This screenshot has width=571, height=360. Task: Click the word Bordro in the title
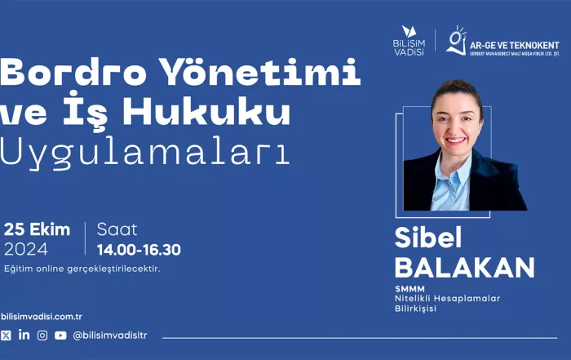73,72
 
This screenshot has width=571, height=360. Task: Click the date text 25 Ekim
37,229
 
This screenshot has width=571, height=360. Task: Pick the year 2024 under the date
26,250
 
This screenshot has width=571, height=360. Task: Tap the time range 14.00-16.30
139,250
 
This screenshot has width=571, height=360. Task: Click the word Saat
117,229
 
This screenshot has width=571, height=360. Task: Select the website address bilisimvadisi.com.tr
41,317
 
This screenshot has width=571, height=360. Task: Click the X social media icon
6,336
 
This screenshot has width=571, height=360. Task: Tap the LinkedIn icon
24,335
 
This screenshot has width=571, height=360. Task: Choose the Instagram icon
42,336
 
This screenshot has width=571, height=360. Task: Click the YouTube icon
60,336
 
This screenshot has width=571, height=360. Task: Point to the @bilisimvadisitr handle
110,336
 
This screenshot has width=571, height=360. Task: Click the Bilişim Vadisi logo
409,41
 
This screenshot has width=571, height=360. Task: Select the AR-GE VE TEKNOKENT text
514,46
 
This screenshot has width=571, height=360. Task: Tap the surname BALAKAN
465,268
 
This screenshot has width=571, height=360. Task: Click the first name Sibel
428,238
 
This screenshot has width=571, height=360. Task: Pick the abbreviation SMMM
409,289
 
